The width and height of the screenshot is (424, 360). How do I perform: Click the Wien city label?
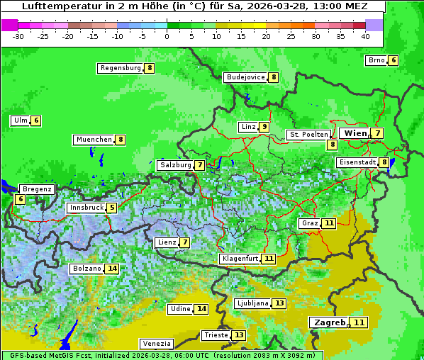pyautogui.click(x=355, y=133)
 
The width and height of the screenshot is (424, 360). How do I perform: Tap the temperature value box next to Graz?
pyautogui.click(x=329, y=223)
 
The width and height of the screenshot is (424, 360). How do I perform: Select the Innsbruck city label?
pyautogui.click(x=86, y=208)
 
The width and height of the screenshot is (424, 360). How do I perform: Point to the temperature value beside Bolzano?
pyautogui.click(x=112, y=269)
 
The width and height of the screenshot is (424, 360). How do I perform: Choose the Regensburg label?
pyautogui.click(x=121, y=68)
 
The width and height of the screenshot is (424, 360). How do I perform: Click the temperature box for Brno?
pyautogui.click(x=393, y=60)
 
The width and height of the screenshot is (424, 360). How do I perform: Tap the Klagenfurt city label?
pyautogui.click(x=239, y=259)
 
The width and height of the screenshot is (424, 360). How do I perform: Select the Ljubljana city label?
pyautogui.click(x=252, y=303)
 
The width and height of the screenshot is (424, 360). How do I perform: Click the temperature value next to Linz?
pyautogui.click(x=264, y=127)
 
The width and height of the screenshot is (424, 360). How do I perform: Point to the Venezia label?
pyautogui.click(x=156, y=343)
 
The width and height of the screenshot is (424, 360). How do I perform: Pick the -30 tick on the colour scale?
pyautogui.click(x=18, y=36)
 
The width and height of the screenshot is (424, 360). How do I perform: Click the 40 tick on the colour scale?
pyautogui.click(x=365, y=36)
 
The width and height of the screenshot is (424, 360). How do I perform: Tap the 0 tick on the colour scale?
pyautogui.click(x=167, y=36)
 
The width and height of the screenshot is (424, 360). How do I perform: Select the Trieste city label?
pyautogui.click(x=216, y=335)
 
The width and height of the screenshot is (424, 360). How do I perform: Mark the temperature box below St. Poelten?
pyautogui.click(x=332, y=145)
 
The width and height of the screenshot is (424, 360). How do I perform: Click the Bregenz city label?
pyautogui.click(x=37, y=189)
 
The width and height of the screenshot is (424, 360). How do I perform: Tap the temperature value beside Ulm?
pyautogui.click(x=36, y=120)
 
